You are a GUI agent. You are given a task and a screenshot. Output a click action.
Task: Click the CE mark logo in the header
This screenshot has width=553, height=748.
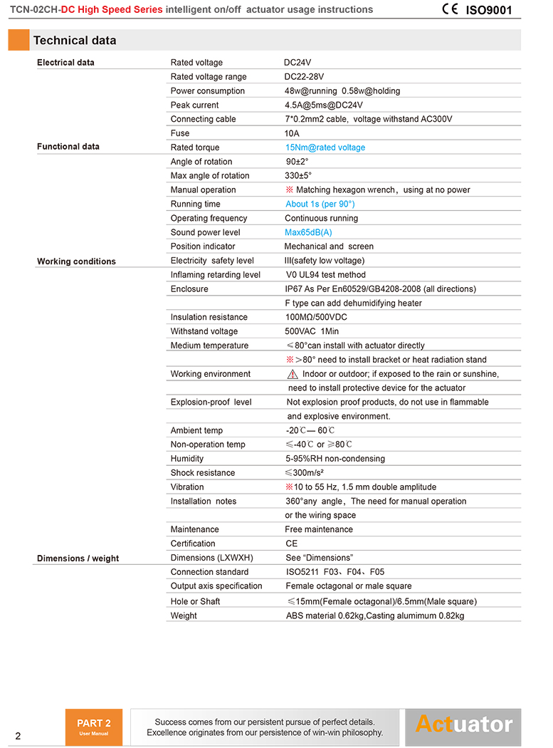pyautogui.click(x=450, y=9)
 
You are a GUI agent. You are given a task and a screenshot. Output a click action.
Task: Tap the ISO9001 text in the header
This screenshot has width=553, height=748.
pyautogui.click(x=489, y=11)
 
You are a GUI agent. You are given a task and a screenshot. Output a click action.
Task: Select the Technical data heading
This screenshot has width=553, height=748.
pyautogui.click(x=75, y=41)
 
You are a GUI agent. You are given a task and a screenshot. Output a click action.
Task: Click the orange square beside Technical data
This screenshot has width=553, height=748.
pyautogui.click(x=19, y=40)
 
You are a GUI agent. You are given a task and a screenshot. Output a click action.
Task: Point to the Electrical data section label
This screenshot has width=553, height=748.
pyautogui.click(x=65, y=63)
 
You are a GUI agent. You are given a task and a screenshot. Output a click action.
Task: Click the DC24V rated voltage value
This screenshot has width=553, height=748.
pyautogui.click(x=297, y=63)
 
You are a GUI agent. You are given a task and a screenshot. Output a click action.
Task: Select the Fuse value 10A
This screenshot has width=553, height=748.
pyautogui.click(x=292, y=133)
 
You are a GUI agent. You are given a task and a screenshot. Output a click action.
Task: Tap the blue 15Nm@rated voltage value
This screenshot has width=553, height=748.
pyautogui.click(x=325, y=147)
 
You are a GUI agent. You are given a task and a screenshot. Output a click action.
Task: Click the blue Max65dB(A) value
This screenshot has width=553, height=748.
pyautogui.click(x=308, y=232)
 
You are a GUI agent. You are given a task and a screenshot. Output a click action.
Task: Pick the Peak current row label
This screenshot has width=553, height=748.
pyautogui.click(x=194, y=105)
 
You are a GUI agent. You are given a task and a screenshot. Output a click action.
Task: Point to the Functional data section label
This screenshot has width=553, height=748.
pyautogui.click(x=68, y=147)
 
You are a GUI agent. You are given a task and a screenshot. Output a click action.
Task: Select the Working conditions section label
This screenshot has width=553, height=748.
pyautogui.click(x=76, y=261)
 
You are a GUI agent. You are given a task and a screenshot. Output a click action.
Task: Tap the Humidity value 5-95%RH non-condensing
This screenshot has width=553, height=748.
pyautogui.click(x=335, y=459)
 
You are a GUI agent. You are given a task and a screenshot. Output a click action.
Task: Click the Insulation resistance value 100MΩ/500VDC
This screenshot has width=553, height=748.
pyautogui.click(x=316, y=317)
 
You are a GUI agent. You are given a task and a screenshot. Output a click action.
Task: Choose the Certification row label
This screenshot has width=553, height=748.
pyautogui.click(x=193, y=544)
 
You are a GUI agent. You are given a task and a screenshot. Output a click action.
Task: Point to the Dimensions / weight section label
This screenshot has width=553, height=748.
pyautogui.click(x=78, y=559)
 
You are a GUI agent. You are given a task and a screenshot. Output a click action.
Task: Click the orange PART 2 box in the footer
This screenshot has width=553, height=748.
pyautogui.click(x=94, y=727)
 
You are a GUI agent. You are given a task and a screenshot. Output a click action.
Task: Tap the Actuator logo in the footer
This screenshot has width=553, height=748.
pyautogui.click(x=464, y=724)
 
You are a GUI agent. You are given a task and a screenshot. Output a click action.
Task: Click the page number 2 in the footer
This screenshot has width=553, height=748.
pyautogui.click(x=18, y=736)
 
